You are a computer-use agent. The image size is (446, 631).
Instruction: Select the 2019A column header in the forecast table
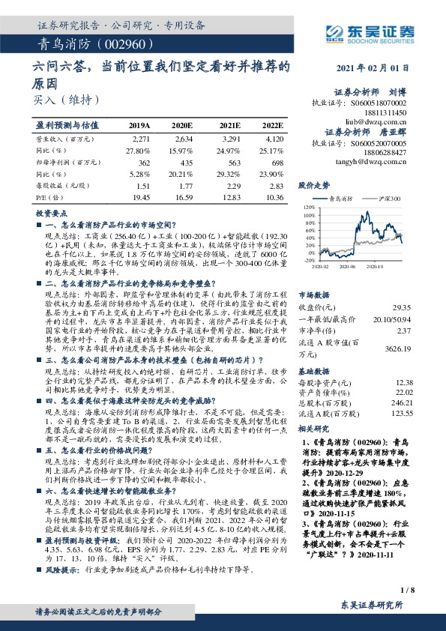(139, 125)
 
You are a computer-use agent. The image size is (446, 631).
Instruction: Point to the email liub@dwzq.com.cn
(381, 119)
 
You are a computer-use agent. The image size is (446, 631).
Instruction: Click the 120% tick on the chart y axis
(309, 205)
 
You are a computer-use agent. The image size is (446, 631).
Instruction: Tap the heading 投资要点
(50, 214)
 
